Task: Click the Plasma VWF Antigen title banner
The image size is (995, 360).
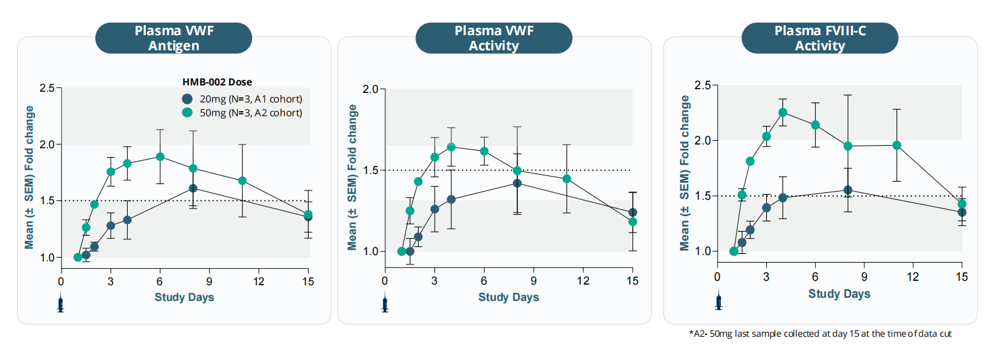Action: (173, 38)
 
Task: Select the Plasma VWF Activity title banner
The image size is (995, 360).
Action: (493, 38)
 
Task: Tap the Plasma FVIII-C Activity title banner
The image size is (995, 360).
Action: (820, 38)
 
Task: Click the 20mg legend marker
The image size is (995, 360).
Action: (187, 99)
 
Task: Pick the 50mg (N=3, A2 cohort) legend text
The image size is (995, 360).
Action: (251, 113)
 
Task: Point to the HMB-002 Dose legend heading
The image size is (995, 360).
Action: (217, 82)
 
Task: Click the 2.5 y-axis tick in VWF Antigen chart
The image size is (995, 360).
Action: (47, 88)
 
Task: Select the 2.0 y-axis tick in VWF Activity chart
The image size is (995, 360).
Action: (370, 89)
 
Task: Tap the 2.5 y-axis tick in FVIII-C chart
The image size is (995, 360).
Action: (702, 85)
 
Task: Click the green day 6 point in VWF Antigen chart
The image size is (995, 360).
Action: (160, 157)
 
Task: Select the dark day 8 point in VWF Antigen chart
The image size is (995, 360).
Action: (193, 188)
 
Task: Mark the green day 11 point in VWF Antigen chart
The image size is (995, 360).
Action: (242, 181)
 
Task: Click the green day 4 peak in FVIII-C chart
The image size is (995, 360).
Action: (783, 112)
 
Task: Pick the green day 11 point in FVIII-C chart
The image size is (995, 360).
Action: (897, 146)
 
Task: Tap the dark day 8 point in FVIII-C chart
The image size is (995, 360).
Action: (848, 190)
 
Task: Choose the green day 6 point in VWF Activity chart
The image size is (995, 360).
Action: (484, 151)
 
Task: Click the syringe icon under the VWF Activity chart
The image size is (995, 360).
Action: (385, 305)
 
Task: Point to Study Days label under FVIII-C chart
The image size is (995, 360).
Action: (839, 294)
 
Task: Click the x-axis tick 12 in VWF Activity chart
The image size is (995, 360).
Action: (583, 281)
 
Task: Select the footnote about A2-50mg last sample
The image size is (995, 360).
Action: (820, 334)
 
